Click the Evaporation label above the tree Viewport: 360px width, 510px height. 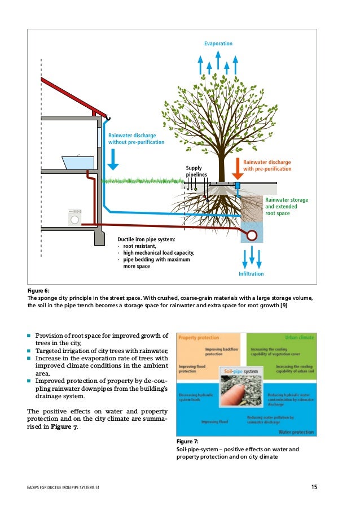[x=218, y=43]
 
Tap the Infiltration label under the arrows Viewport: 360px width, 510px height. [x=251, y=273]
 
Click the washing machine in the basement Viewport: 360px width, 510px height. [x=75, y=217]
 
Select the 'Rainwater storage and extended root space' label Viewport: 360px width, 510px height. [x=287, y=207]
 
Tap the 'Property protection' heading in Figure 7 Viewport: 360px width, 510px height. [x=199, y=337]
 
